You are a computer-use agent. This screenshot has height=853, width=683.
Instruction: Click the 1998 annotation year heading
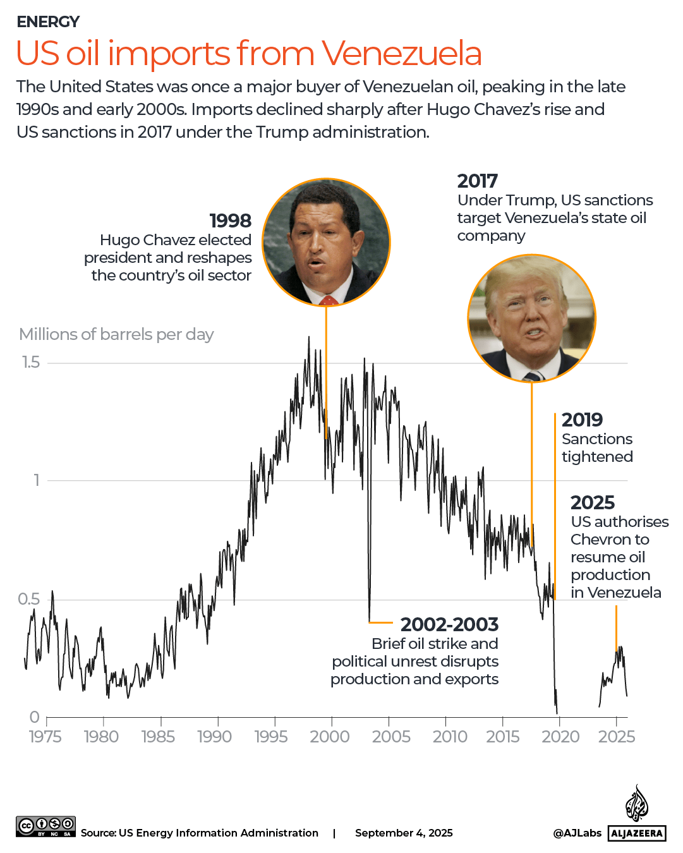230,221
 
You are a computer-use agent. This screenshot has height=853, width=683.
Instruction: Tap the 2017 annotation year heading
477,181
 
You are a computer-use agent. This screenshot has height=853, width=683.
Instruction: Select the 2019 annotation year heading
582,420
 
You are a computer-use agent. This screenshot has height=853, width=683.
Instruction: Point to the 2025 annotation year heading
592,502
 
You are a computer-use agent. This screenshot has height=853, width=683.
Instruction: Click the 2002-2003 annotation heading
449,624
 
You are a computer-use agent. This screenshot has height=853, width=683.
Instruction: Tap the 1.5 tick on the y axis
30,362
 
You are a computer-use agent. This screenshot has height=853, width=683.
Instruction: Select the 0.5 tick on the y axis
29,599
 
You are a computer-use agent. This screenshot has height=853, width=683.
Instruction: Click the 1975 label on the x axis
45,737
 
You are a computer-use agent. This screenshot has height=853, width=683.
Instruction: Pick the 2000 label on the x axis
330,737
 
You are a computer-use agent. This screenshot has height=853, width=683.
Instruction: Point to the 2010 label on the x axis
450,737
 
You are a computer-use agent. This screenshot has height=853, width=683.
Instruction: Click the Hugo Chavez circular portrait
326,242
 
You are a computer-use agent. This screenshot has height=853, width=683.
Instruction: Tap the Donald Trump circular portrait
531,318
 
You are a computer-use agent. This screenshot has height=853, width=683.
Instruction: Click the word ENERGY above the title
48,22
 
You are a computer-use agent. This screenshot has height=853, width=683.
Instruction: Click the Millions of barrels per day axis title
116,334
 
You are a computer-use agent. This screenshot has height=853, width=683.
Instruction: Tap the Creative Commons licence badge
46,826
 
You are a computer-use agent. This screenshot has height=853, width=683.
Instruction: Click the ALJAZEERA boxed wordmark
637,833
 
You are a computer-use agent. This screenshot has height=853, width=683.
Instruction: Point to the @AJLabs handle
577,833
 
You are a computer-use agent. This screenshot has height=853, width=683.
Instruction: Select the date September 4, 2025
404,833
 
